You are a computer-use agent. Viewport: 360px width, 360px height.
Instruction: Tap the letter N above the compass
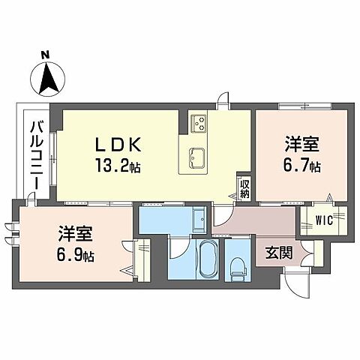tap(45, 53)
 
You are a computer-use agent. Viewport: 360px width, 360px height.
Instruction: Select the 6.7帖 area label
tap(302, 166)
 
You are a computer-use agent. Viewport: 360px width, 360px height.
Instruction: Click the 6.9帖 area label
tap(75, 256)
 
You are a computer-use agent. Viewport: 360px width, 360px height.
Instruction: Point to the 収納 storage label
tap(244, 188)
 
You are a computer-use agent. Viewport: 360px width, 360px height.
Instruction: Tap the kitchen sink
tap(198, 157)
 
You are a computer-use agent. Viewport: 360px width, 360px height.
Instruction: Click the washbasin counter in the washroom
tap(198, 220)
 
